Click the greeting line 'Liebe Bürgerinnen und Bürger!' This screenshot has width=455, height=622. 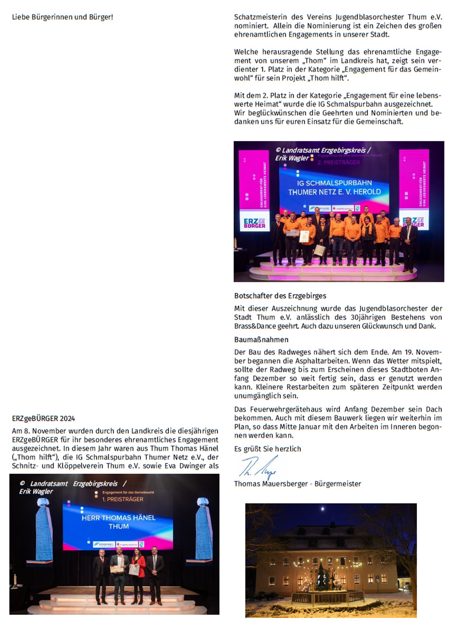63,17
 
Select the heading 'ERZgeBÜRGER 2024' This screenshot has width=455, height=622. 43,418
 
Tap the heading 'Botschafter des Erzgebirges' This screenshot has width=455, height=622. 280,296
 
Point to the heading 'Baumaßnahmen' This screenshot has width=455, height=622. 261,340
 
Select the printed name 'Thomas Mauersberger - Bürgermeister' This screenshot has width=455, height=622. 297,484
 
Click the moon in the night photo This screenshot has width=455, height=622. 323,509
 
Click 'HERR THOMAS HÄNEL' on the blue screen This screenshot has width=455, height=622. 119,518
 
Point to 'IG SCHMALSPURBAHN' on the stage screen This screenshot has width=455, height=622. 334,183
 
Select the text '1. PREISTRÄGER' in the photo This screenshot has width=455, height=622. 122,499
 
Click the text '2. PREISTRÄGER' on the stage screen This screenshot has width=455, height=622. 339,163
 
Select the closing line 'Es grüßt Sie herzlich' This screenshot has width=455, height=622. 267,449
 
